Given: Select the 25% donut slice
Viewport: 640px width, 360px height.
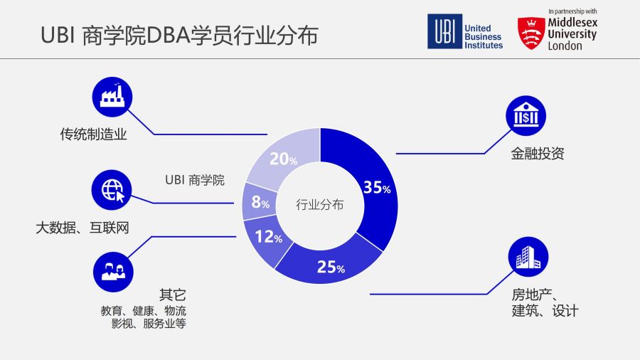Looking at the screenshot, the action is click(x=331, y=266).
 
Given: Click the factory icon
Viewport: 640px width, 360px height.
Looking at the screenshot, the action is click(x=112, y=97).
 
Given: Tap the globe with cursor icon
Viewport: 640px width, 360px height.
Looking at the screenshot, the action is click(x=112, y=190).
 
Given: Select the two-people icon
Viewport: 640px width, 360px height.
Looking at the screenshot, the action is click(x=113, y=272).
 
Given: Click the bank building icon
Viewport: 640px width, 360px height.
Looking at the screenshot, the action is click(x=526, y=116).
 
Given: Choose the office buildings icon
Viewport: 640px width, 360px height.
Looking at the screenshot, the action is click(x=528, y=257).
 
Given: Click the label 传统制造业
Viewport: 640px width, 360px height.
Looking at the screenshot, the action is click(x=93, y=134).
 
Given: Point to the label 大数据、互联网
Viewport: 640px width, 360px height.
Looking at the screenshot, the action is click(x=82, y=228).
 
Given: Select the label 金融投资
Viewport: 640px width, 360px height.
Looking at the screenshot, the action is click(x=538, y=154).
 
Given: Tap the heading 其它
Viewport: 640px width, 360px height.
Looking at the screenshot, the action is click(x=173, y=295).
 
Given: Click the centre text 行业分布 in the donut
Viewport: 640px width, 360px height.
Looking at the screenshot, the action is click(x=319, y=204).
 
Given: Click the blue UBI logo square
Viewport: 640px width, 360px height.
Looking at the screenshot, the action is click(x=445, y=31).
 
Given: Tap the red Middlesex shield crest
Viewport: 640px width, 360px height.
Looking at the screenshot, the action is click(x=531, y=33).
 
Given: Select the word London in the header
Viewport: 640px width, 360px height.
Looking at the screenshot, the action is click(x=565, y=46).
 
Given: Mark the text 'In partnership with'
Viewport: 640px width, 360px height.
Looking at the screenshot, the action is click(x=572, y=11).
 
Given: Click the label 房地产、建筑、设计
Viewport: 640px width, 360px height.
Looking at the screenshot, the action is click(x=545, y=302).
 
